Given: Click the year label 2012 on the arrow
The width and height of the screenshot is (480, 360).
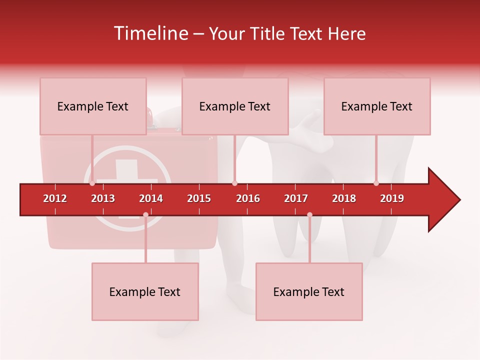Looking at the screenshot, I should point(55,198).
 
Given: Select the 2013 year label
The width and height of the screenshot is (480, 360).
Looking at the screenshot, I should point(103,198).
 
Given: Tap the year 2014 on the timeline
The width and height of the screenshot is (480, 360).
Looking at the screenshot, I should point(151,198).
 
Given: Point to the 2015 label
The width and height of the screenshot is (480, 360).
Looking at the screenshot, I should point(199,198).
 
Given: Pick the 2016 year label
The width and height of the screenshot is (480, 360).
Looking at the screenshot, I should point(248,198).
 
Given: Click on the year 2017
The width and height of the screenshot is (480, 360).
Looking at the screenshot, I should point(296,198).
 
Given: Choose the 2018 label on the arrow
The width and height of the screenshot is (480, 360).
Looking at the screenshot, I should point(344,198).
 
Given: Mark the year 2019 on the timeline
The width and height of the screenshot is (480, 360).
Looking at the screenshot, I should point(392,198).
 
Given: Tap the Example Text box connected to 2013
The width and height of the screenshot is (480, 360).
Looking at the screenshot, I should point(93,106).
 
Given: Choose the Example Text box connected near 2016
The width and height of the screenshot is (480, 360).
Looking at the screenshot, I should point(235,106).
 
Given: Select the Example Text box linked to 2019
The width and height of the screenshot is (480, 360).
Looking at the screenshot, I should point(377,106).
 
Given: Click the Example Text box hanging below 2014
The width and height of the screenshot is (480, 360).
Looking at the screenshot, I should point(145,292).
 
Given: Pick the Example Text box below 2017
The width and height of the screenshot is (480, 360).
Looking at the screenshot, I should point(309,292).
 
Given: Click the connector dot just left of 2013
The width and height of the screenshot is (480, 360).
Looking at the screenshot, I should point(92,183).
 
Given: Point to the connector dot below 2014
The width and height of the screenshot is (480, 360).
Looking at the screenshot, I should point(145,215).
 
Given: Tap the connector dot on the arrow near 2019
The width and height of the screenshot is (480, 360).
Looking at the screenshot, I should point(376,183).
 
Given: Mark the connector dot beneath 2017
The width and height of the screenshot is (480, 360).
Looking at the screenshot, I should point(309,215).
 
